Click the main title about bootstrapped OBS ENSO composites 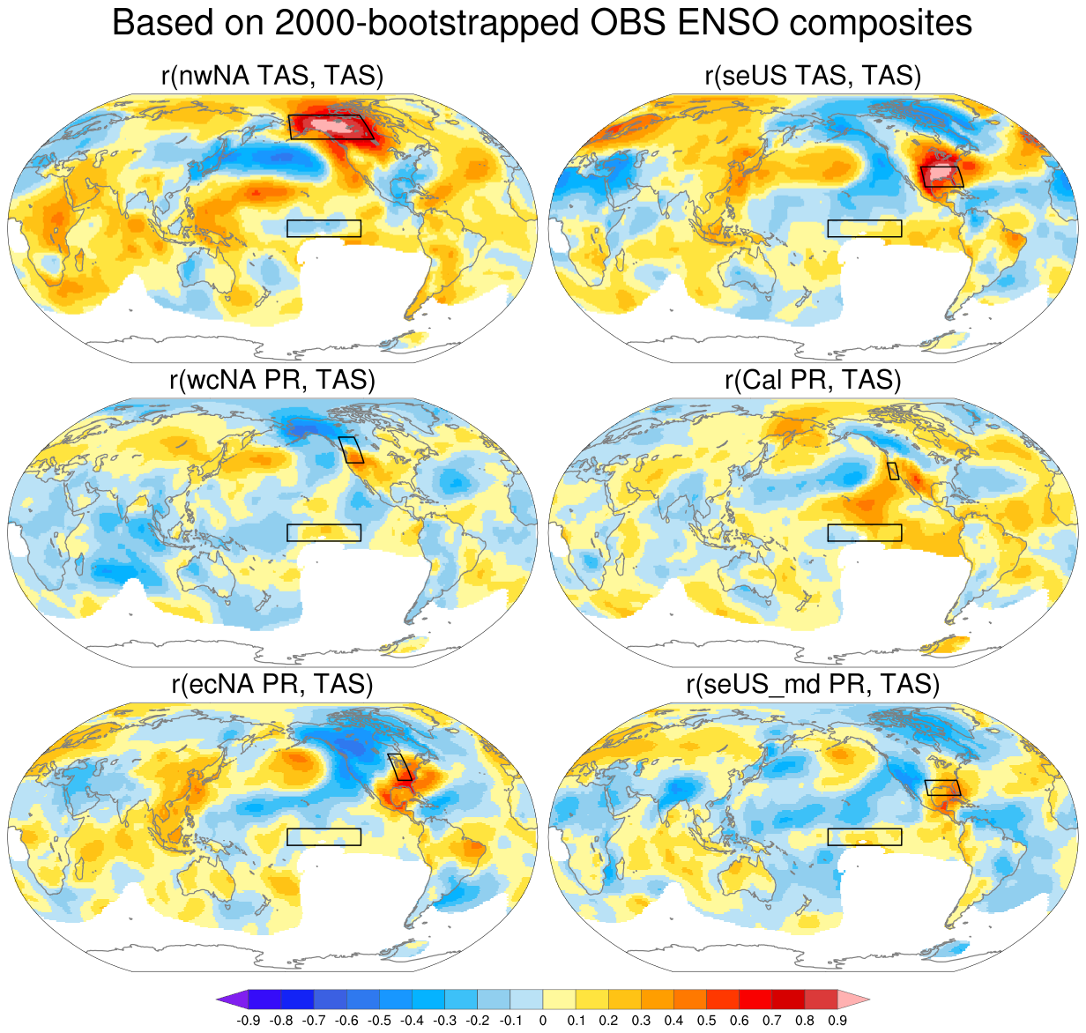(x=542, y=24)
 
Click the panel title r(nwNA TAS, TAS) (x=272, y=76)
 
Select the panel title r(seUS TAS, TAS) (x=813, y=76)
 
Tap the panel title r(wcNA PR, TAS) (x=272, y=380)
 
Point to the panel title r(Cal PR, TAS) (x=813, y=380)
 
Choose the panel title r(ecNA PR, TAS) (x=272, y=684)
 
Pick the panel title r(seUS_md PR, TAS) (x=813, y=684)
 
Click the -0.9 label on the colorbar (x=249, y=1021)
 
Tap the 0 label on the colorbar (x=543, y=1021)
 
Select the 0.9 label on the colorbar (x=837, y=1021)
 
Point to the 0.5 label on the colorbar (x=707, y=1021)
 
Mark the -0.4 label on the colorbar (x=413, y=1021)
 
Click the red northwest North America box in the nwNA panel (x=331, y=126)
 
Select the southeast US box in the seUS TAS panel (x=942, y=175)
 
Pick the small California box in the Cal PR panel (x=893, y=471)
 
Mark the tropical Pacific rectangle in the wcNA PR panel (x=324, y=532)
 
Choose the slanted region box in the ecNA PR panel (x=400, y=766)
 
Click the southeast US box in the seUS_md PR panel (x=942, y=787)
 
